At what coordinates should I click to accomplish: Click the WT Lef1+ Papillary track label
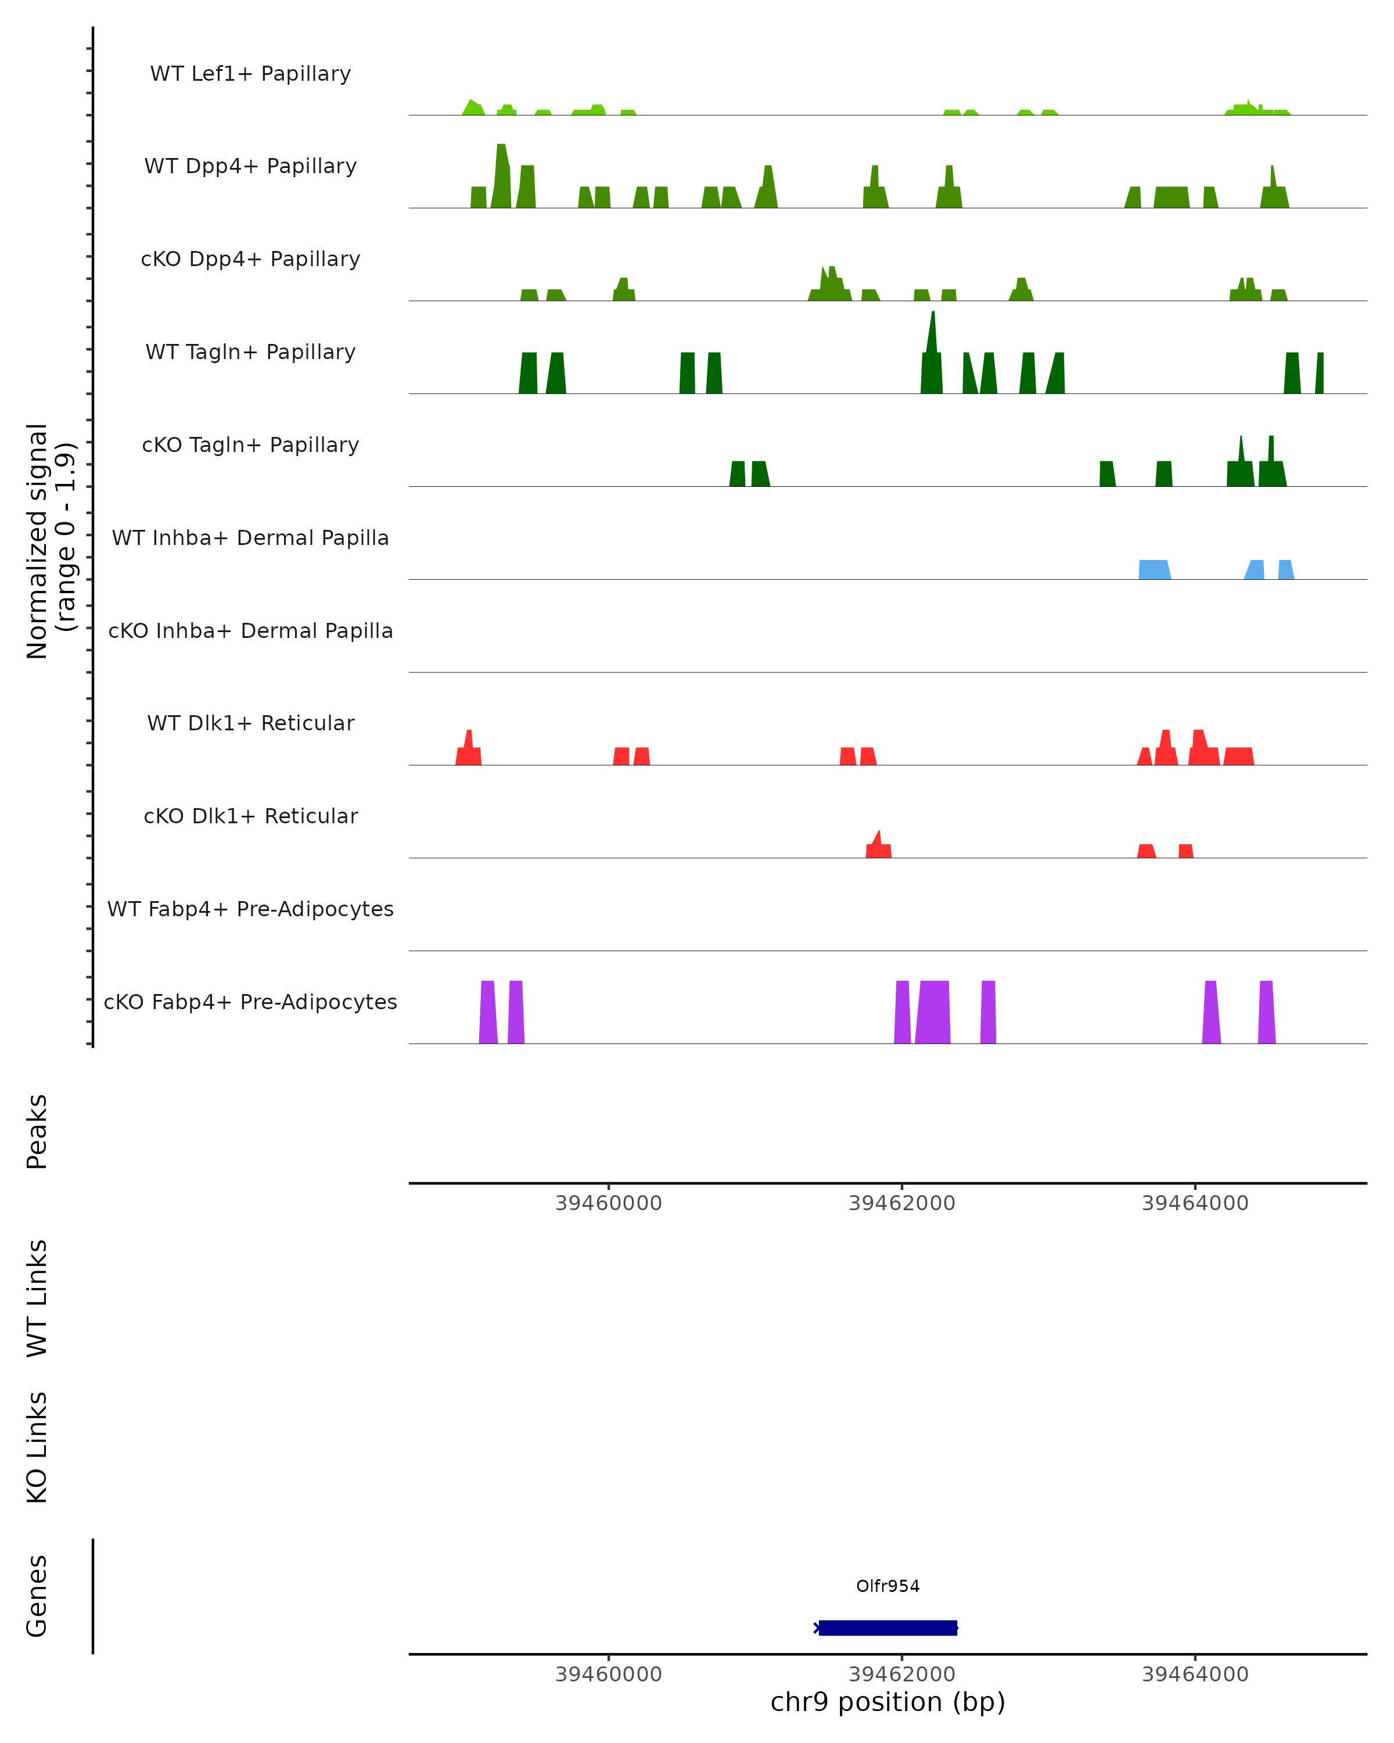click(x=250, y=74)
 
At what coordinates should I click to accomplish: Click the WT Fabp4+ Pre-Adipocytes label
click(x=250, y=909)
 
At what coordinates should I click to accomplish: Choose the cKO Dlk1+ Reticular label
click(x=250, y=816)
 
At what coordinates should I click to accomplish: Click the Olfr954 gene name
click(x=888, y=1586)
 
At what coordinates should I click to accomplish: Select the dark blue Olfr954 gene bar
click(x=888, y=1627)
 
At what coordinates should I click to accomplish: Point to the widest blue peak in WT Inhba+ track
click(x=1154, y=569)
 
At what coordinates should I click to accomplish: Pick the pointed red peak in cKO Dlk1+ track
click(x=878, y=845)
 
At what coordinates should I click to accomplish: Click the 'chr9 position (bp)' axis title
click(x=888, y=1702)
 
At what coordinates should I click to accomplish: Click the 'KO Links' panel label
click(x=37, y=1447)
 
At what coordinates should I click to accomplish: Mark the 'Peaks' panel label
click(x=37, y=1131)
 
